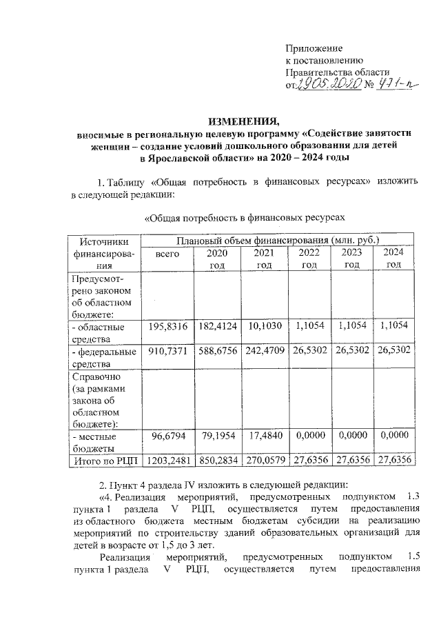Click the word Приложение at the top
314,49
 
